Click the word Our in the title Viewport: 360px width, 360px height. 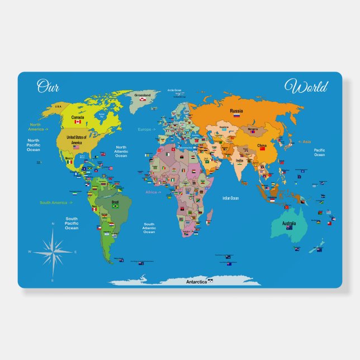pyautogui.click(x=48, y=86)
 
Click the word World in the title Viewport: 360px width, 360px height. pyautogui.click(x=306, y=87)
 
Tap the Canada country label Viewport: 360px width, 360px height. pyautogui.click(x=78, y=117)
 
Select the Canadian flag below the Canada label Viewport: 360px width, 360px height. pyautogui.click(x=78, y=122)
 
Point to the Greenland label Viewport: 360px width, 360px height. pyautogui.click(x=143, y=95)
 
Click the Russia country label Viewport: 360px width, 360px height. pyautogui.click(x=236, y=111)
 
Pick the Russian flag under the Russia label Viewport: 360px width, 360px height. pyautogui.click(x=236, y=116)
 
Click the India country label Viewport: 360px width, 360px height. pyautogui.click(x=239, y=160)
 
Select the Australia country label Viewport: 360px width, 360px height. pyautogui.click(x=289, y=222)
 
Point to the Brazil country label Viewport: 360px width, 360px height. pyautogui.click(x=116, y=201)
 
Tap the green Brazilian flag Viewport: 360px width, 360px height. pyautogui.click(x=116, y=206)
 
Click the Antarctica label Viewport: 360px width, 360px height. pyautogui.click(x=196, y=282)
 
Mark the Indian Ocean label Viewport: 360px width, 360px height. pyautogui.click(x=230, y=198)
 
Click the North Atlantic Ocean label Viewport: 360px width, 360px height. pyautogui.click(x=121, y=151)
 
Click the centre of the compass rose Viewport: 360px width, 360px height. pyautogui.click(x=53, y=251)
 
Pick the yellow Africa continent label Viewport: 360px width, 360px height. pyautogui.click(x=153, y=192)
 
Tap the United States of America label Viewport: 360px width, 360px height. pyautogui.click(x=77, y=140)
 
